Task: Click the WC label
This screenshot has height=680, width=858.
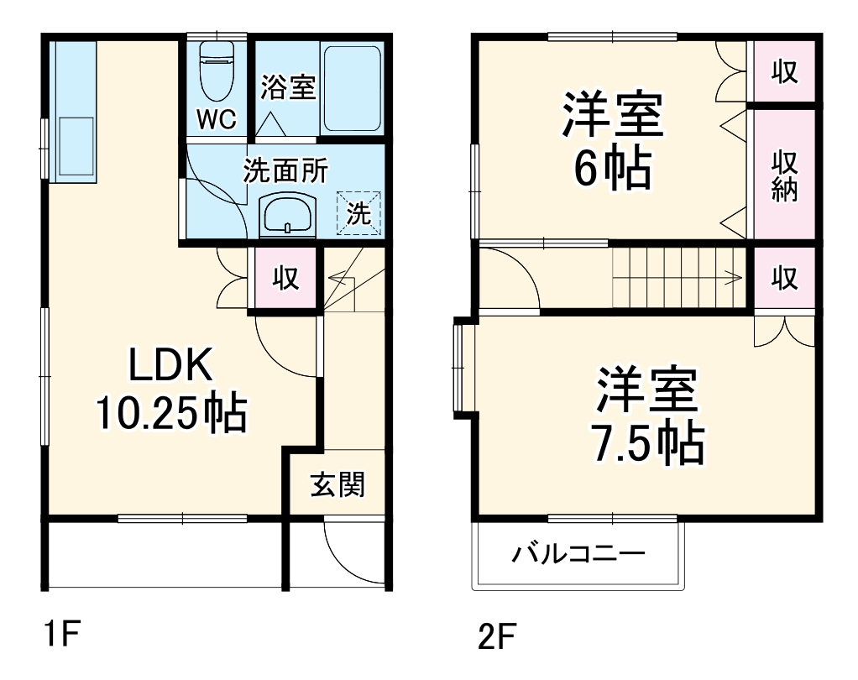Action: click(216, 118)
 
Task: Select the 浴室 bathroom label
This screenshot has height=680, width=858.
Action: click(288, 87)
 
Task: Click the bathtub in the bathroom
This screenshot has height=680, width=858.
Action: click(353, 88)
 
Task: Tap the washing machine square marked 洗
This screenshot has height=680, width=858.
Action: click(358, 213)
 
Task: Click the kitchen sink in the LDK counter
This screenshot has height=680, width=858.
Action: click(76, 147)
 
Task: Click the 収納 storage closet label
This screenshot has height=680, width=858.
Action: click(784, 175)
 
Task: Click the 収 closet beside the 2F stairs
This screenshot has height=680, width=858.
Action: click(784, 278)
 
